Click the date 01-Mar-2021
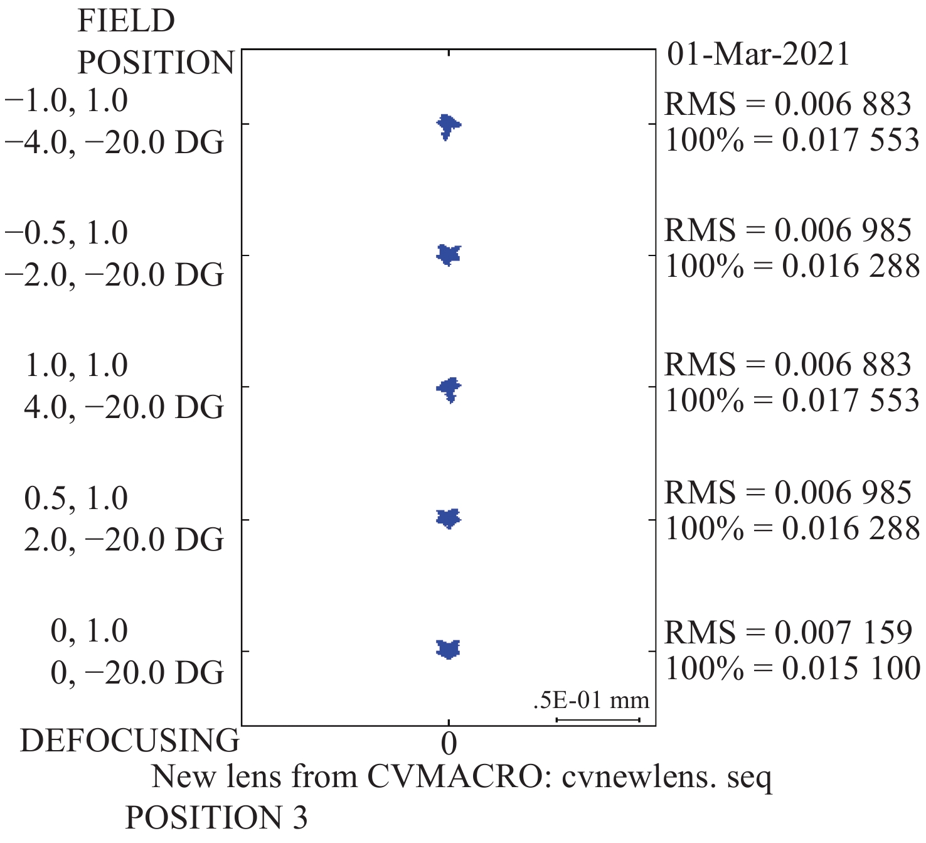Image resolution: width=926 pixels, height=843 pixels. pos(758,54)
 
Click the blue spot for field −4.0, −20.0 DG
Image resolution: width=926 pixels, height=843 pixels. pos(447,125)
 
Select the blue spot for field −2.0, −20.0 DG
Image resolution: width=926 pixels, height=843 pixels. pos(448,254)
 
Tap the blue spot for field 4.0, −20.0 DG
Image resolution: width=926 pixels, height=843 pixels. pos(449,388)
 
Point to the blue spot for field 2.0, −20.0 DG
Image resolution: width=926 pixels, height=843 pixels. pos(448,518)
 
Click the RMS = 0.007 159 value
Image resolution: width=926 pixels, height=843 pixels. pos(788,632)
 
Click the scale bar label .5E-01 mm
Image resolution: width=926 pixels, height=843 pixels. pos(591,700)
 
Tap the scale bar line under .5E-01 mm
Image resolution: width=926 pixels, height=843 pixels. pos(598,720)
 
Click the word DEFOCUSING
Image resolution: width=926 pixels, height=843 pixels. pos(130,741)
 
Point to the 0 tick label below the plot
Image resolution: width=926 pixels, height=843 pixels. pos(449,744)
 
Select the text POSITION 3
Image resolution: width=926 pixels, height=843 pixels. pos(216,818)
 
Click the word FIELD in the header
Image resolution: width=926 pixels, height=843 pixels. pos(126,21)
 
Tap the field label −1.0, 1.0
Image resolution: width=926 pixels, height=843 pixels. pos(67,101)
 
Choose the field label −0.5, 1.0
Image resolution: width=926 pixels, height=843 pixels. pos(67,233)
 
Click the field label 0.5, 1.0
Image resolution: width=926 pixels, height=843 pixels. pos(76,498)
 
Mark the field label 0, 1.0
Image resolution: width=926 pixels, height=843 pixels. pos(89,631)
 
